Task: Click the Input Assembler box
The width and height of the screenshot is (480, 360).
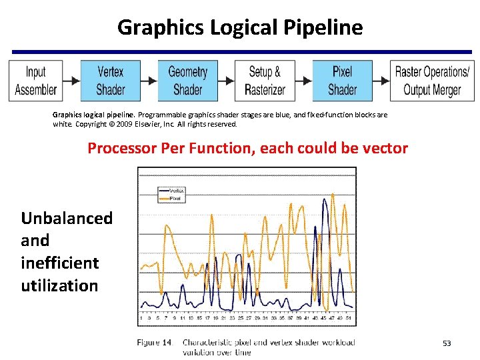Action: [x=36, y=81]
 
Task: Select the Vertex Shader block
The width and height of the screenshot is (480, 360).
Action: [x=111, y=81]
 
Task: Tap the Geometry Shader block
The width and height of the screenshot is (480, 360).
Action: [x=187, y=81]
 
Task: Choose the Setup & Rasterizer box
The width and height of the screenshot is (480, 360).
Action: [x=265, y=81]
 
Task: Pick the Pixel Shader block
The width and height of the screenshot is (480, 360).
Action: [x=342, y=81]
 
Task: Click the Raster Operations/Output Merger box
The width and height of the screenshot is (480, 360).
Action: [x=432, y=81]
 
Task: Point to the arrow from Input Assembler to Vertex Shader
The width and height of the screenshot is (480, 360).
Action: [x=72, y=81]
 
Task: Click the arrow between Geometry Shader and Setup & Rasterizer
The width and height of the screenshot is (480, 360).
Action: [x=226, y=81]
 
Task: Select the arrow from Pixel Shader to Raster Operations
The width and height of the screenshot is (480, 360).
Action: [x=381, y=81]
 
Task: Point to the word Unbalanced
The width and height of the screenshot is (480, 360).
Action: [x=67, y=219]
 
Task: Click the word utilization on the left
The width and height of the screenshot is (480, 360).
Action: [x=59, y=286]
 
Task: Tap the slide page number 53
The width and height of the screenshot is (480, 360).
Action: [x=447, y=343]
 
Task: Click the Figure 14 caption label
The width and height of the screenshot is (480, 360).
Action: [x=154, y=342]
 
